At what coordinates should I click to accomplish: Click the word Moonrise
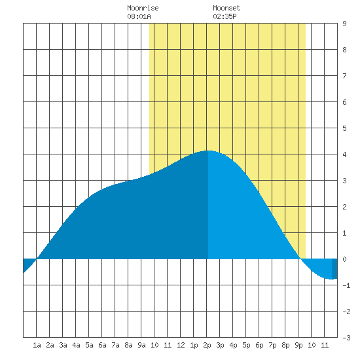tap(143, 8)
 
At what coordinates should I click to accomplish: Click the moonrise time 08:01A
tap(139, 16)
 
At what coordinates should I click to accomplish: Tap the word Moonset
tap(226, 8)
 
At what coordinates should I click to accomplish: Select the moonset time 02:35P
tap(225, 16)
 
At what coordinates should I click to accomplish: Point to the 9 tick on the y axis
tap(344, 24)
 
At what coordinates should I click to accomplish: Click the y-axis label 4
tap(344, 154)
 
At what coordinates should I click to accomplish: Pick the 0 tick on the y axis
tap(344, 259)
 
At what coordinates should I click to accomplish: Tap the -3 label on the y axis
tap(346, 338)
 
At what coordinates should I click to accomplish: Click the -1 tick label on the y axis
tap(346, 285)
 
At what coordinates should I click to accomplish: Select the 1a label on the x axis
tap(37, 345)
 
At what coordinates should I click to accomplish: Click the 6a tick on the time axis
tap(102, 345)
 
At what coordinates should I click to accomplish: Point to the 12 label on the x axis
tap(181, 345)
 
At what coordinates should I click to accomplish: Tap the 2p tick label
tap(207, 345)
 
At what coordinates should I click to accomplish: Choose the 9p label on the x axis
tap(298, 345)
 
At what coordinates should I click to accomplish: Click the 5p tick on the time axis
tap(246, 345)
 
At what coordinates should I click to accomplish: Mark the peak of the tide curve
tap(209, 151)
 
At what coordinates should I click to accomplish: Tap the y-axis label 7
tap(344, 76)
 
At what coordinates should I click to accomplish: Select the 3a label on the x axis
tap(63, 345)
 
